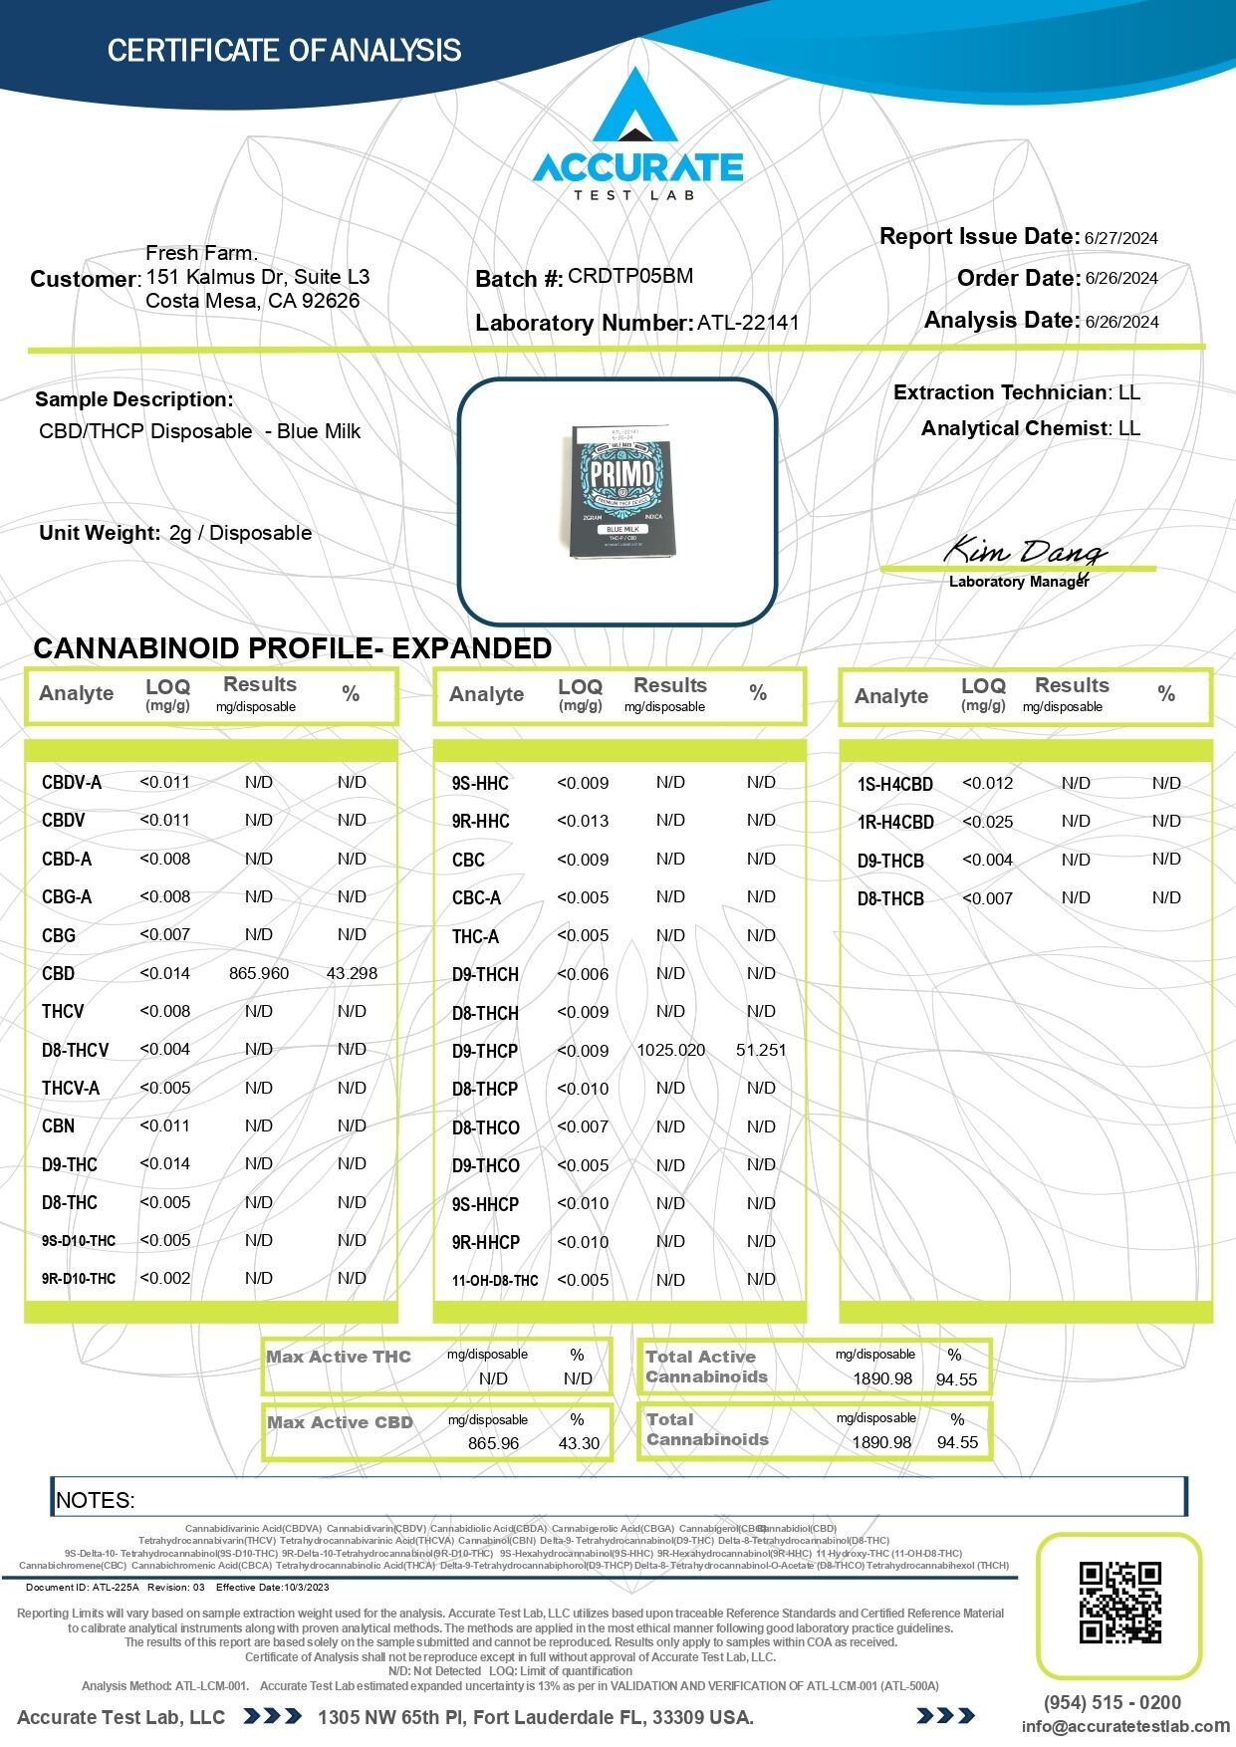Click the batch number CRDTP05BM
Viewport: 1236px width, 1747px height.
click(x=630, y=276)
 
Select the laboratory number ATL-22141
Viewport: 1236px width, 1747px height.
click(x=748, y=322)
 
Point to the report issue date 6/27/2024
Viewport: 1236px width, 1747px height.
click(x=1121, y=238)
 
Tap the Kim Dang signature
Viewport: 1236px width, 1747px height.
click(x=1024, y=551)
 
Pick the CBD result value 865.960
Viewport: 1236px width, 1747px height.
click(x=259, y=973)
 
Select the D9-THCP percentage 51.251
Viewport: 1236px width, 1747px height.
click(x=761, y=1050)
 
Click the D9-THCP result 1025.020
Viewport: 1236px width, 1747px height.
click(x=671, y=1050)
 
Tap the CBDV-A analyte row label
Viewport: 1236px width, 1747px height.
click(x=72, y=783)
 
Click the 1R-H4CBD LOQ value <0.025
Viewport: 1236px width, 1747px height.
click(x=988, y=822)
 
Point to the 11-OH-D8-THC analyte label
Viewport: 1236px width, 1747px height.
click(x=495, y=1281)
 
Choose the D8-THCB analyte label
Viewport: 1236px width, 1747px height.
click(x=890, y=898)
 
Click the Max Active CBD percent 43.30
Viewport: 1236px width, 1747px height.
click(x=579, y=1443)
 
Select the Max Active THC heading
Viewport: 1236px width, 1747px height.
click(x=339, y=1357)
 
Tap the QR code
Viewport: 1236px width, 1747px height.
click(x=1120, y=1603)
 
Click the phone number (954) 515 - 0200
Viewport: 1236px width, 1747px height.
click(x=1112, y=1702)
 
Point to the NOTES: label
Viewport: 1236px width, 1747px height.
click(x=96, y=1500)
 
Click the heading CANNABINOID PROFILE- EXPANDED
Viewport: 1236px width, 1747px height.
click(x=293, y=648)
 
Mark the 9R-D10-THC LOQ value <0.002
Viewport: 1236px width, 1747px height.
click(x=165, y=1278)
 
